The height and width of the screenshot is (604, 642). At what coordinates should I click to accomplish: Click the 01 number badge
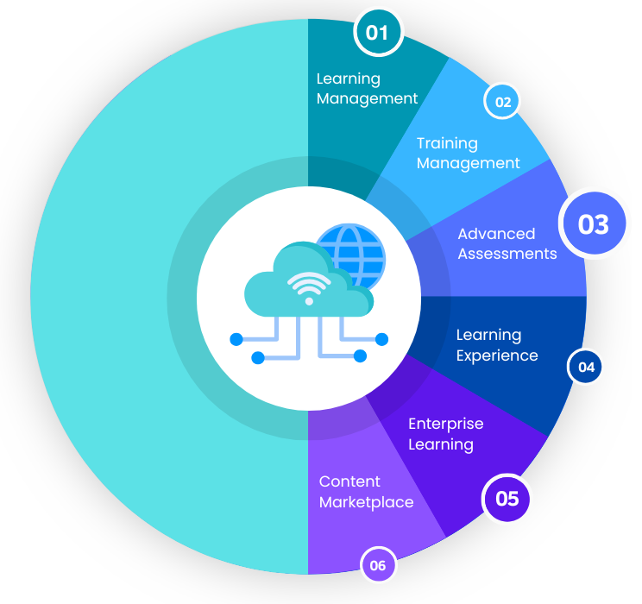pyautogui.click(x=378, y=33)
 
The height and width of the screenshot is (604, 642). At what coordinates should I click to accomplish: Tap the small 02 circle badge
pyautogui.click(x=502, y=103)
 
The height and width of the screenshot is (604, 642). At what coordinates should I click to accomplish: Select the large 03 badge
pyautogui.click(x=593, y=223)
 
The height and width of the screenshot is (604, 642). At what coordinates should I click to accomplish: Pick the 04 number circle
pyautogui.click(x=586, y=367)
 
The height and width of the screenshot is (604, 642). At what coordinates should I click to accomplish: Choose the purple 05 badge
pyautogui.click(x=507, y=499)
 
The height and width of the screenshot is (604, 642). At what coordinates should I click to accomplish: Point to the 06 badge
pyautogui.click(x=378, y=566)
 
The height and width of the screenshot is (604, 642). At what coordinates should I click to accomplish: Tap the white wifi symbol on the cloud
pyautogui.click(x=309, y=287)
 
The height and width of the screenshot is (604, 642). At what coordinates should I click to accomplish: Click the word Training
pyautogui.click(x=447, y=143)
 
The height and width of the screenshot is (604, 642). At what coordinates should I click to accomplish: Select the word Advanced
pyautogui.click(x=496, y=234)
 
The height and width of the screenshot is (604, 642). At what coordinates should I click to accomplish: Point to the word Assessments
pyautogui.click(x=507, y=254)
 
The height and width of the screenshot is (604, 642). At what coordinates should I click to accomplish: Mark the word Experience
pyautogui.click(x=496, y=355)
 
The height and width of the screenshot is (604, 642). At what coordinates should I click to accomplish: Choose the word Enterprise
pyautogui.click(x=445, y=424)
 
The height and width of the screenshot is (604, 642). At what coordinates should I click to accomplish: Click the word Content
pyautogui.click(x=349, y=481)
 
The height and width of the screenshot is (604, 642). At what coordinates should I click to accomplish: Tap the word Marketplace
pyautogui.click(x=366, y=502)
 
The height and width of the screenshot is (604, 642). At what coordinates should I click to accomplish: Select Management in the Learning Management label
pyautogui.click(x=367, y=98)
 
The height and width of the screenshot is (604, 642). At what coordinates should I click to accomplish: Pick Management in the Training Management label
pyautogui.click(x=468, y=163)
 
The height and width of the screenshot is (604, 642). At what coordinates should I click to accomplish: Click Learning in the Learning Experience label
pyautogui.click(x=488, y=335)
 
